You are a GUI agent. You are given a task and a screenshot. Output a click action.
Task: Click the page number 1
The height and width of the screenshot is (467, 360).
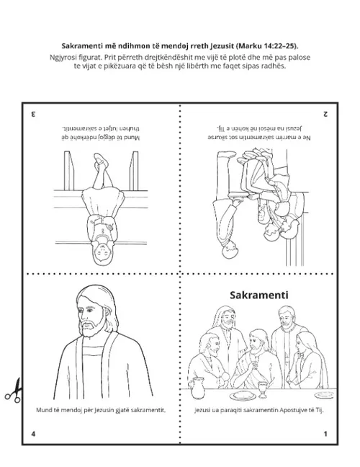point(325,433)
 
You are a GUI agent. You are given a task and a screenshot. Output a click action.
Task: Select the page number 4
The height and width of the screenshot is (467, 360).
point(33,433)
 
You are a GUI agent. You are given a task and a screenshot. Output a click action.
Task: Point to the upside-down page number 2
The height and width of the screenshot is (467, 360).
point(325,114)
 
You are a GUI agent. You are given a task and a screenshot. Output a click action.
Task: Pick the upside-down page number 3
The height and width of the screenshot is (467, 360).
point(33,114)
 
